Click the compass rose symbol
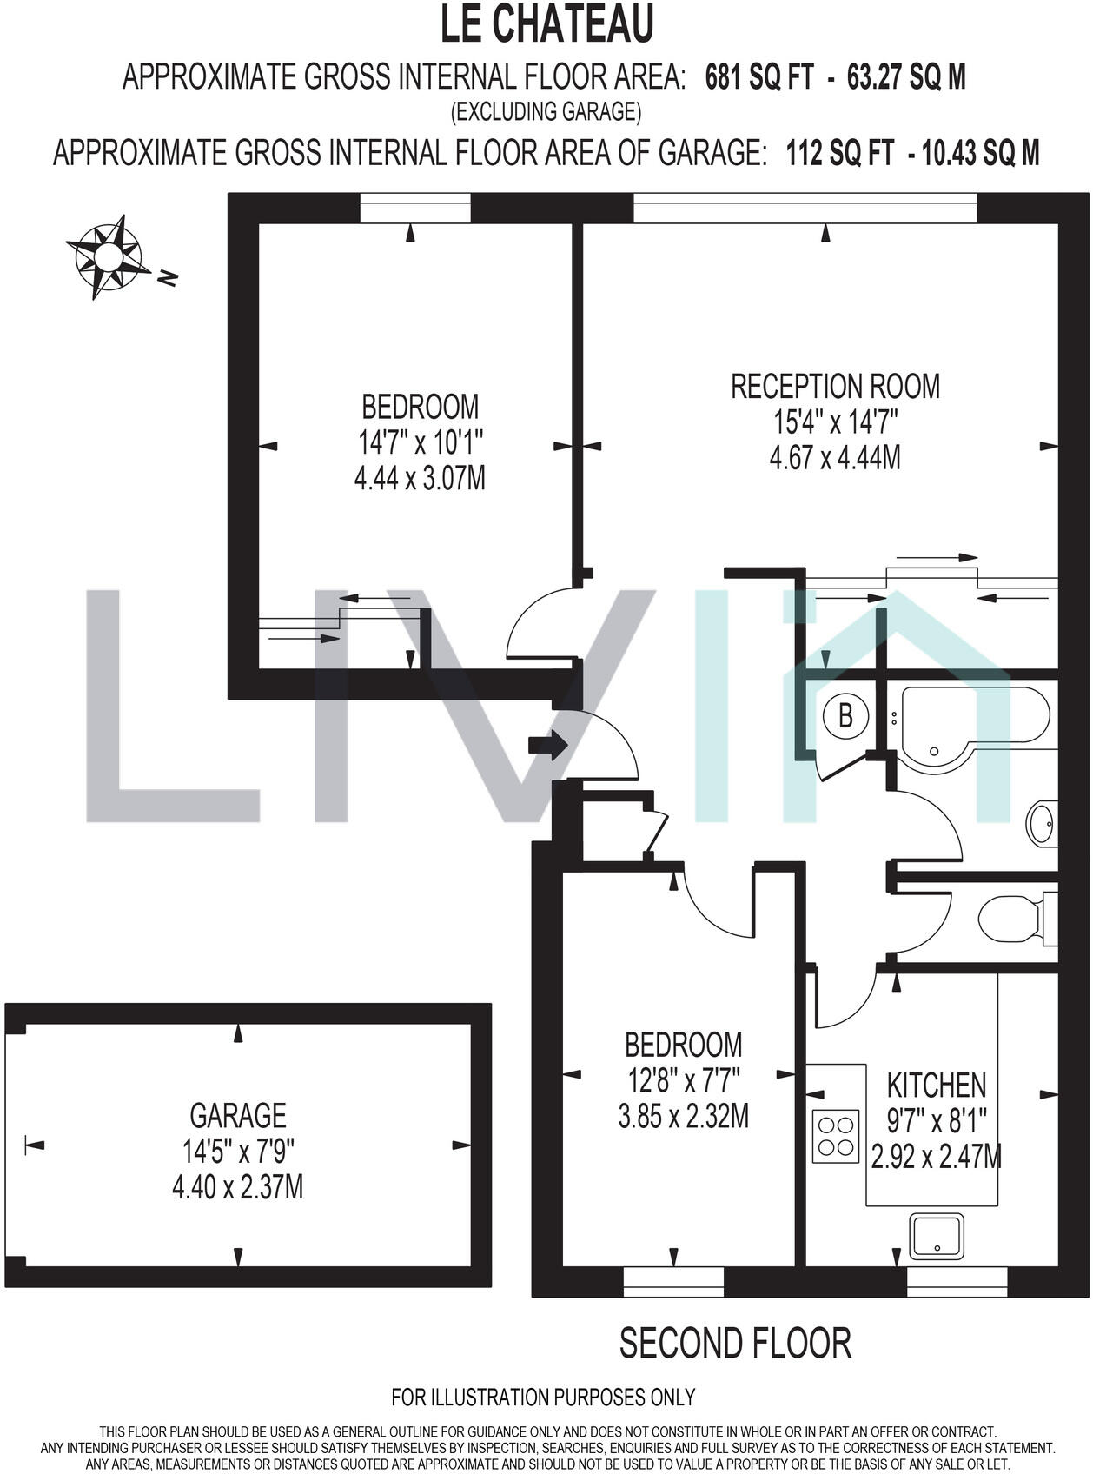[x=108, y=256]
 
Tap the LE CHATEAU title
[x=546, y=24]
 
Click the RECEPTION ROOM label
[x=835, y=387]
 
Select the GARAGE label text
[x=238, y=1115]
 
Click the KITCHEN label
[x=936, y=1085]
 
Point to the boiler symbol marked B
[x=845, y=717]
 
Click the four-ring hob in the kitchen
[x=836, y=1136]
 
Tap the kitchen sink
[x=937, y=1236]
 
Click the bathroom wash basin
[x=1042, y=821]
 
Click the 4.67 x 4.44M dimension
[x=835, y=457]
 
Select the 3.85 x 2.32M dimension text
[x=683, y=1116]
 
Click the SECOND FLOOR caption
[x=735, y=1343]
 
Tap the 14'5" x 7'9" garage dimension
[x=238, y=1152]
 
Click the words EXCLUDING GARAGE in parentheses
[x=546, y=111]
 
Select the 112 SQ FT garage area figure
[x=839, y=154]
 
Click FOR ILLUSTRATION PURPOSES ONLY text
[x=543, y=1397]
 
